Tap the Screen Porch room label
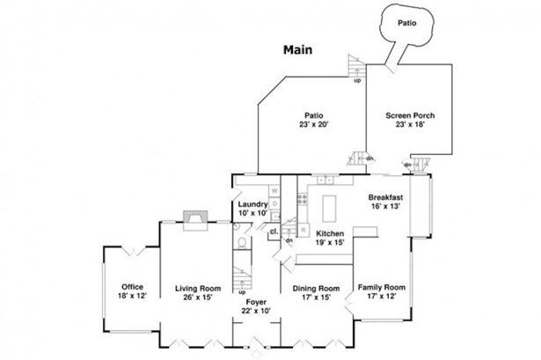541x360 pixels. pyautogui.click(x=410, y=115)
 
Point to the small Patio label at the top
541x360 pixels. pyautogui.click(x=406, y=23)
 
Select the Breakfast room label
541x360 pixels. pyautogui.click(x=386, y=197)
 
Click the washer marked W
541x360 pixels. pyautogui.click(x=274, y=190)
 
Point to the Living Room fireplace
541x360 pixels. pyautogui.click(x=193, y=217)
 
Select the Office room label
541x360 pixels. pyautogui.click(x=133, y=287)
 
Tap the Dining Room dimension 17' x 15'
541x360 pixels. pyautogui.click(x=317, y=298)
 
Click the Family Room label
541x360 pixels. pyautogui.click(x=382, y=288)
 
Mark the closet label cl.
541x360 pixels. pyautogui.click(x=274, y=231)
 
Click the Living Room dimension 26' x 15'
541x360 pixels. pyautogui.click(x=197, y=297)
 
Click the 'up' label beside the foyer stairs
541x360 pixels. pyautogui.click(x=241, y=291)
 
